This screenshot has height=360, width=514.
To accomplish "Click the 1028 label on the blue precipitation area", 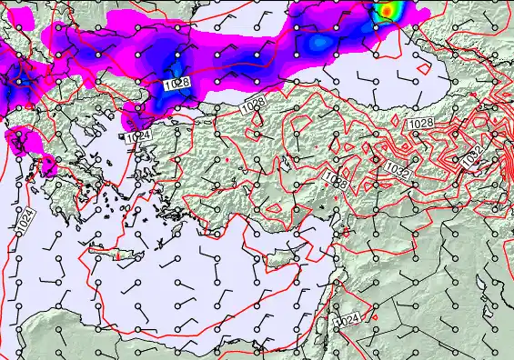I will (177, 84).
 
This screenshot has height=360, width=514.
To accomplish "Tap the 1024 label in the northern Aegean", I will (138, 135).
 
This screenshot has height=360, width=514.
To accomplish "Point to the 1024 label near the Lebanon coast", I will (347, 321).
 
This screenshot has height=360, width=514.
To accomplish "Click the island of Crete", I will (115, 254).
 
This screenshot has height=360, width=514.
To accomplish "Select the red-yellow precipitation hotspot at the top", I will (389, 10).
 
